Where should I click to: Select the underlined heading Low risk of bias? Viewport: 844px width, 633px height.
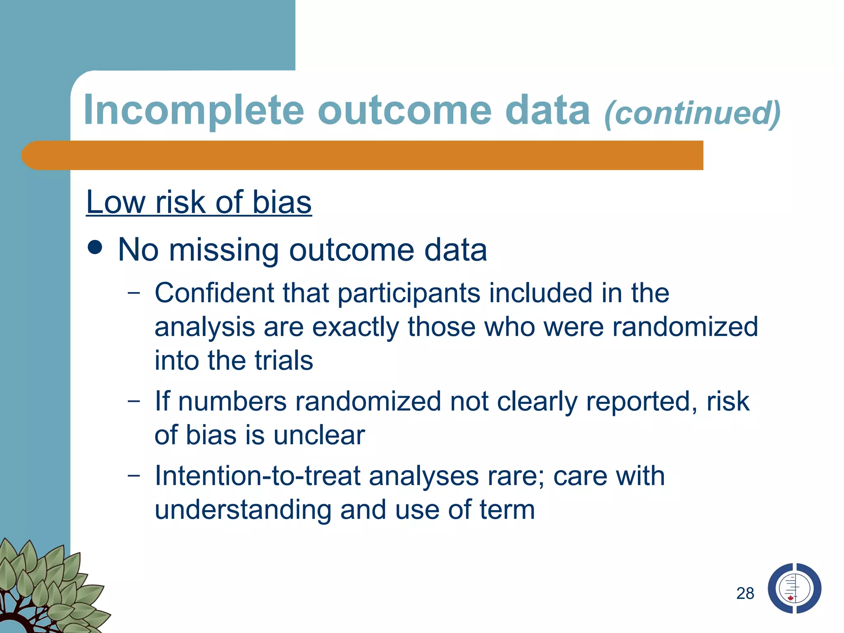point(199,202)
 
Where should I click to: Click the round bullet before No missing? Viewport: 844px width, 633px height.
point(95,247)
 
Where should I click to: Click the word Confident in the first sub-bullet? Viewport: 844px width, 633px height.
point(214,293)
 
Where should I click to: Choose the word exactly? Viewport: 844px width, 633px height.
point(355,328)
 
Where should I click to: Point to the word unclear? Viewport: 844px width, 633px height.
point(319,435)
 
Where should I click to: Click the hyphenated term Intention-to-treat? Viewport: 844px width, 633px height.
point(258,476)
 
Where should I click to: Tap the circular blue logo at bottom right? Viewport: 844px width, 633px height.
point(794,588)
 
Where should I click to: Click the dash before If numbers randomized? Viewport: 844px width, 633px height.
point(134,401)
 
